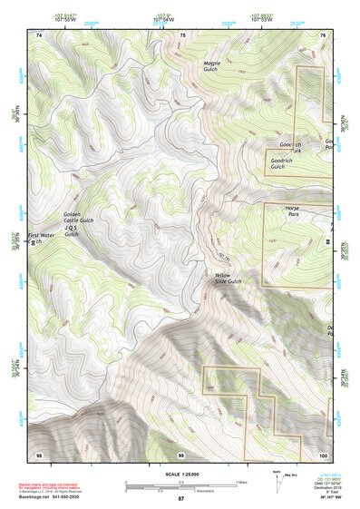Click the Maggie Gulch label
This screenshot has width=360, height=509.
pos(211,66)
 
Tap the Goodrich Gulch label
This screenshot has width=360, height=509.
pos(277,163)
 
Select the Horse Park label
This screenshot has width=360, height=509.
pos(293,211)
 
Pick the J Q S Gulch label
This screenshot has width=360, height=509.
pos(73,230)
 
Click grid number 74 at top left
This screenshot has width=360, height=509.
pos(39,34)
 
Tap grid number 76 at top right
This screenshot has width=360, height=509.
pos(323,34)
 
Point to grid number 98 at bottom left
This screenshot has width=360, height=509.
pos(39,453)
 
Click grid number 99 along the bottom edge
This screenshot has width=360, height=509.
pos(180,453)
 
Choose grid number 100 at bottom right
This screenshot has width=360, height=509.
pos(323,453)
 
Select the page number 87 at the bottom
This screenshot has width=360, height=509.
pos(180,500)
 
